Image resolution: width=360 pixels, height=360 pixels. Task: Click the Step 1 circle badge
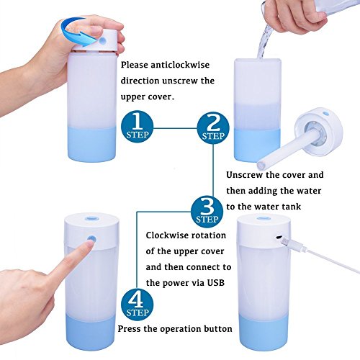coord(137,127)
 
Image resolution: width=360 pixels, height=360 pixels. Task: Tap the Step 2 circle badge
coord(213,128)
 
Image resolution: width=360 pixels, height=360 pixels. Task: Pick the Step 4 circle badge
coord(137,305)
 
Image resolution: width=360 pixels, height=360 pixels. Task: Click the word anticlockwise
coord(180,65)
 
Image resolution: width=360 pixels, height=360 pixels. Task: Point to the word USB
coord(216,282)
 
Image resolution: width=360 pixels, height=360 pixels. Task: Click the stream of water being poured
coord(265,41)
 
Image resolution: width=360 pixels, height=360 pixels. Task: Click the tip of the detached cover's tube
coord(261,166)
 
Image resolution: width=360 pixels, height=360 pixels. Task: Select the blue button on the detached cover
coord(325,112)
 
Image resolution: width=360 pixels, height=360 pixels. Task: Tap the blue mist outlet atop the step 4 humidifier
coord(91,218)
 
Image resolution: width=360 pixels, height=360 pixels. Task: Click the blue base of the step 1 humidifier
coord(91,144)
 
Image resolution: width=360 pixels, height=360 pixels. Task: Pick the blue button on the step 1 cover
coord(103,41)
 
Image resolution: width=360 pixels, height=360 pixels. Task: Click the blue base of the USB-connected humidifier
coord(264,332)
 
